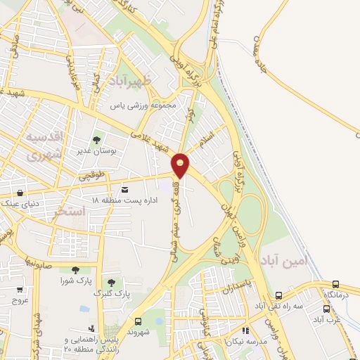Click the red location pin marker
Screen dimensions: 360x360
pyautogui.click(x=181, y=165)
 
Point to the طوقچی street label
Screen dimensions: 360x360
pyautogui.click(x=91, y=177)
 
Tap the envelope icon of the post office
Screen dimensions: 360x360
pyautogui.click(x=125, y=190)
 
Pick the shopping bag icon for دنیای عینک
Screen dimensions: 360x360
pyautogui.click(x=20, y=193)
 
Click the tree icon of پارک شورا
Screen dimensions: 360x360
pyautogui.click(x=72, y=270)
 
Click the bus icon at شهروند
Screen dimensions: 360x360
pyautogui.click(x=138, y=320)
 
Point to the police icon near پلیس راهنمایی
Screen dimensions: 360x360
pyautogui.click(x=91, y=328)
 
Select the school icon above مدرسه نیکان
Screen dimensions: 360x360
pyautogui.click(x=245, y=330)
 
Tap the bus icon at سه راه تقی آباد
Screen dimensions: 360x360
pyautogui.click(x=279, y=296)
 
